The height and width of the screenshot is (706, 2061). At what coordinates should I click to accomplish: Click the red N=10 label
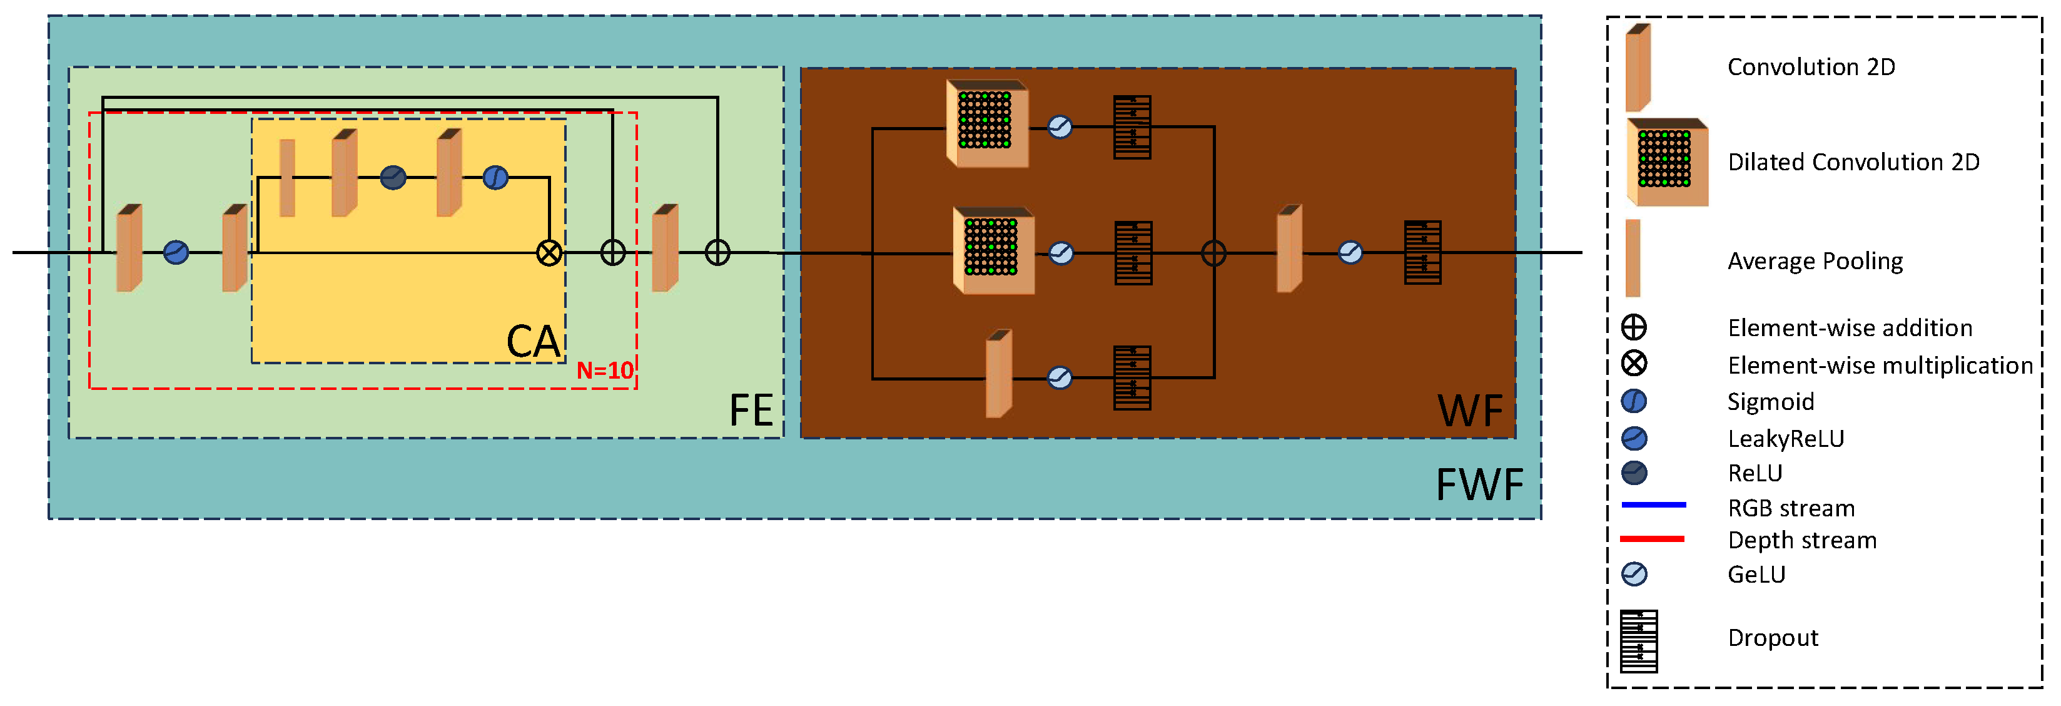(x=605, y=371)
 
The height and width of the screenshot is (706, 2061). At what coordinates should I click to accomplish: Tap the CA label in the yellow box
(x=534, y=342)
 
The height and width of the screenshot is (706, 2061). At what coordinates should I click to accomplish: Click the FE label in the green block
(x=751, y=411)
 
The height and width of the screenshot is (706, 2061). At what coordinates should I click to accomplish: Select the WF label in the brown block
(x=1470, y=411)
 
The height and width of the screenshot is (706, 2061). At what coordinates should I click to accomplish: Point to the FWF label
(x=1479, y=485)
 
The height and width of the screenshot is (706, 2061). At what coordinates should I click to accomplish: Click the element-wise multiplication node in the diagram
(x=549, y=253)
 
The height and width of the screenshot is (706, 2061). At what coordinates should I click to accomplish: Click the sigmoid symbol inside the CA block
(x=495, y=177)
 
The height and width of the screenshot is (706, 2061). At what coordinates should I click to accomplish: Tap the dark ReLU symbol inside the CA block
(x=393, y=177)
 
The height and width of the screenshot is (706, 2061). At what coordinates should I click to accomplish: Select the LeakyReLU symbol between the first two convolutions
(x=176, y=253)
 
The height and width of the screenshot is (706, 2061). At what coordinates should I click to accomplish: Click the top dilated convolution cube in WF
(x=986, y=123)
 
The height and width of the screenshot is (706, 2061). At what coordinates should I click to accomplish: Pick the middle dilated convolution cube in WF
(x=993, y=250)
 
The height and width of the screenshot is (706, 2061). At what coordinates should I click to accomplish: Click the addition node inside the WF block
(x=1213, y=253)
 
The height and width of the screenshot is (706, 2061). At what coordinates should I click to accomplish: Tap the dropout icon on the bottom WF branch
(x=1132, y=378)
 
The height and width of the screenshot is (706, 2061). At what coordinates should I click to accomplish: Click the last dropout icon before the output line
(x=1422, y=253)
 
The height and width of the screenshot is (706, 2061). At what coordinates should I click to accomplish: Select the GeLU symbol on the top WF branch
(x=1060, y=127)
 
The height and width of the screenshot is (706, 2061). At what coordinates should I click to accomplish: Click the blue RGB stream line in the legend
(x=1653, y=505)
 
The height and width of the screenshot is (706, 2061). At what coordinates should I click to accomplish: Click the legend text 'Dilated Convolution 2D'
(x=1853, y=163)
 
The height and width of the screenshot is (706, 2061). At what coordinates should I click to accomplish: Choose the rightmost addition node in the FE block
(x=717, y=253)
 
